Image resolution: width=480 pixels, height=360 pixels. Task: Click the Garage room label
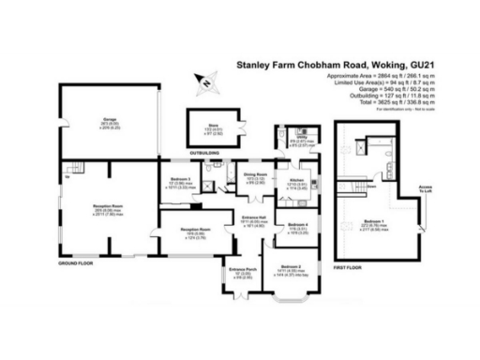click(x=109, y=120)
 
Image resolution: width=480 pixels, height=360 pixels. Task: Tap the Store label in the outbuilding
click(x=199, y=127)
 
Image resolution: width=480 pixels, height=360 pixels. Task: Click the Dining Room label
click(x=254, y=175)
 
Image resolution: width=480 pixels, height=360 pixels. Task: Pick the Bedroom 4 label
click(x=299, y=224)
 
